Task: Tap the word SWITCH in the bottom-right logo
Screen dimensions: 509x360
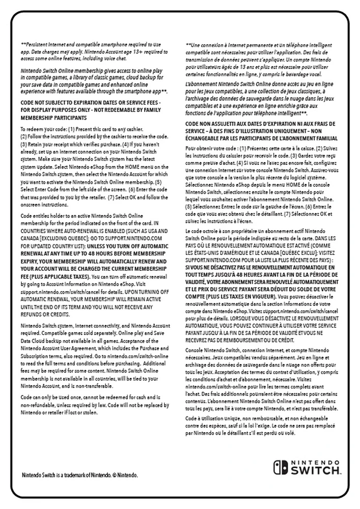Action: coord(315,471)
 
